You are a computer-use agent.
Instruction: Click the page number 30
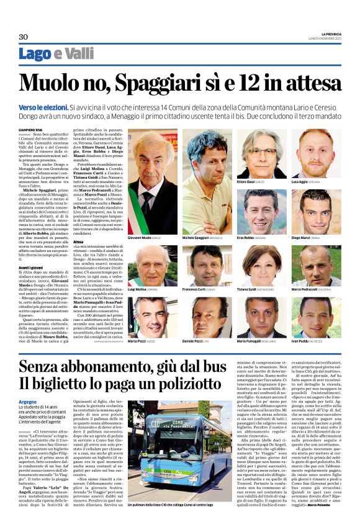click(x=24, y=37)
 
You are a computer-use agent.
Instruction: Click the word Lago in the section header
click(x=35, y=55)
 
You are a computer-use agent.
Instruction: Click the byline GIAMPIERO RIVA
click(x=30, y=129)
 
